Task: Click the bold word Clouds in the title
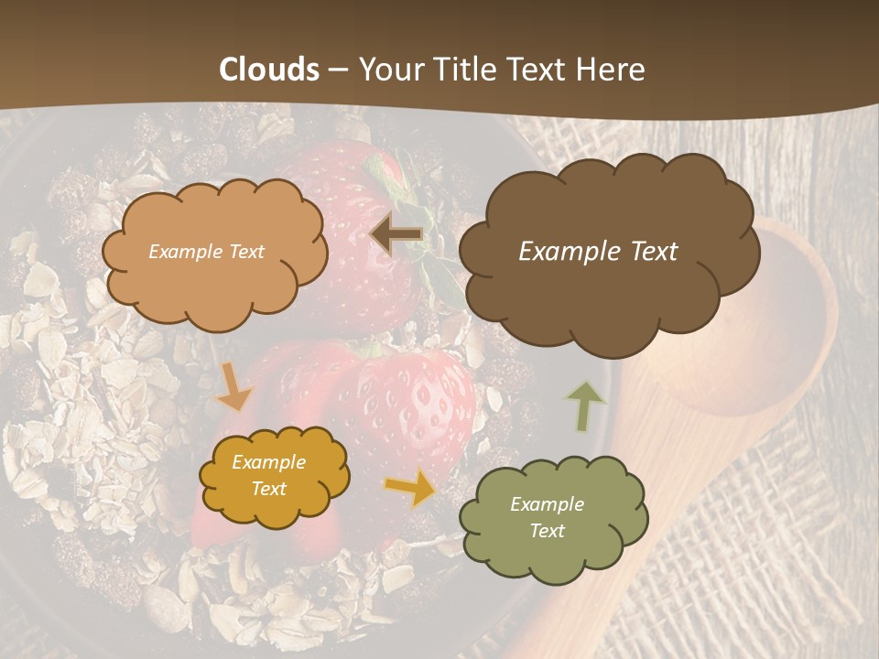[269, 70]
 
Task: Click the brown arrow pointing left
[396, 234]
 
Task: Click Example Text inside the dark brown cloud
[598, 251]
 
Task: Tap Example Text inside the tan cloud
[206, 251]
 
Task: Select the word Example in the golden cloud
[268, 462]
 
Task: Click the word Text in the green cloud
[547, 531]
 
